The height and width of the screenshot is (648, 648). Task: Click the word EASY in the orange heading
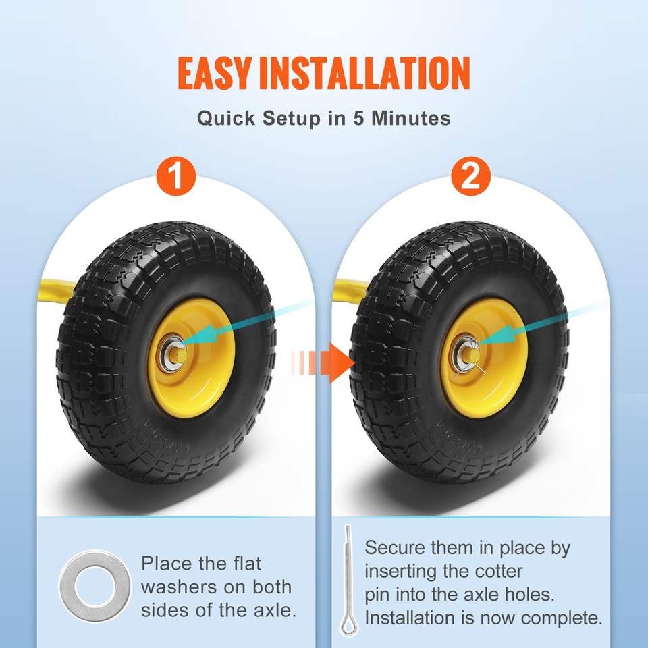pyautogui.click(x=215, y=73)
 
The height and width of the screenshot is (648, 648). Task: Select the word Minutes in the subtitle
pyautogui.click(x=411, y=118)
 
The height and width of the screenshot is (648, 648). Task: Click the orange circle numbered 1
pyautogui.click(x=176, y=176)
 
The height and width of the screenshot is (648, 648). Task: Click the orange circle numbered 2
pyautogui.click(x=470, y=176)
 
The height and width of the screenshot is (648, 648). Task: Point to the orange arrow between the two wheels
pyautogui.click(x=323, y=363)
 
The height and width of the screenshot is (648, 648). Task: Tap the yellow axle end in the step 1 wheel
pyautogui.click(x=180, y=354)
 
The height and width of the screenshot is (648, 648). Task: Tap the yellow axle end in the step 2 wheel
pyautogui.click(x=473, y=354)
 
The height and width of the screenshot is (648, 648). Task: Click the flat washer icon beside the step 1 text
pyautogui.click(x=94, y=587)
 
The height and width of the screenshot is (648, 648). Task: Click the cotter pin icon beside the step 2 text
pyautogui.click(x=348, y=580)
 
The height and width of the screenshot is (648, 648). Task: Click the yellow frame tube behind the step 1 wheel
pyautogui.click(x=56, y=290)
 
